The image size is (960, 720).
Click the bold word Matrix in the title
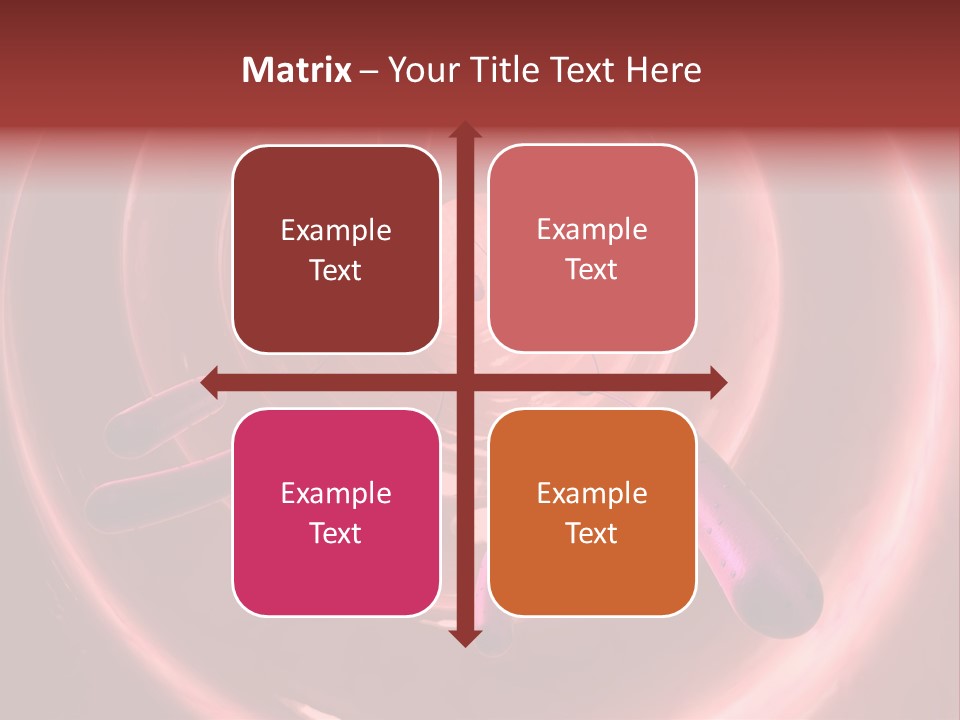[x=297, y=70]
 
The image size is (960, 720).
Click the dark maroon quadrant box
[x=336, y=249]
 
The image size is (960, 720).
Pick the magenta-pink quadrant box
[x=336, y=512]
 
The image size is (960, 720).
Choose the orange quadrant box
[x=592, y=512]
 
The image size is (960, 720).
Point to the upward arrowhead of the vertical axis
[x=464, y=131]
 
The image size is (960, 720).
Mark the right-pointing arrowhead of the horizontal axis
[x=717, y=382]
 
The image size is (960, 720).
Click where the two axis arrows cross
[x=464, y=382]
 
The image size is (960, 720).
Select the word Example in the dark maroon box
[x=336, y=231]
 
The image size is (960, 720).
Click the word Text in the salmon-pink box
[x=592, y=270]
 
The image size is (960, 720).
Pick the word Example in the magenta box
[x=336, y=494]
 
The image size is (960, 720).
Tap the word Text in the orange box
[x=592, y=534]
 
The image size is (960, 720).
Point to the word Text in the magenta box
[x=336, y=534]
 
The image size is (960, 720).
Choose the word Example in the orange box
[x=592, y=494]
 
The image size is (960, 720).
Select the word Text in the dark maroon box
[x=336, y=271]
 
